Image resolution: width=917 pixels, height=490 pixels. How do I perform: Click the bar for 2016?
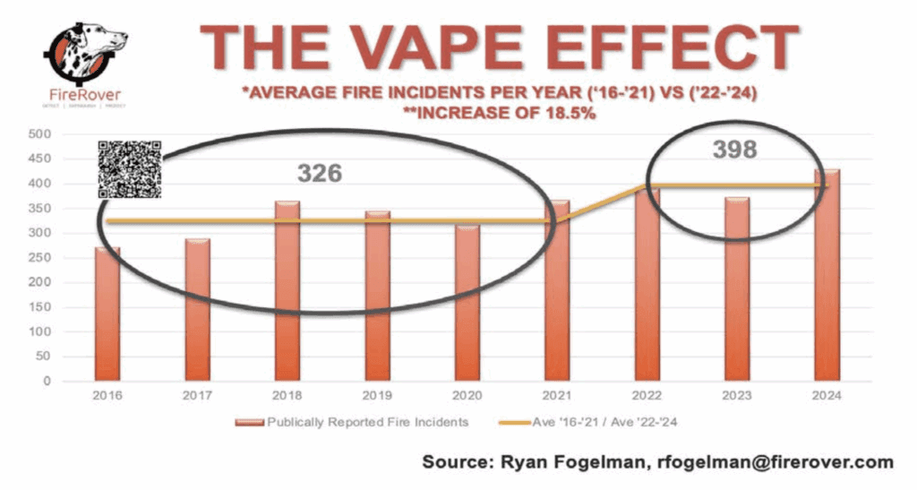click(107, 314)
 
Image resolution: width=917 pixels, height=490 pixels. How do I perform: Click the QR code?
click(130, 169)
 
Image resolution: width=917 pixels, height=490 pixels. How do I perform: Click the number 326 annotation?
click(320, 173)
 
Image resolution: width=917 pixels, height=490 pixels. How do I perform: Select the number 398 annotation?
click(734, 150)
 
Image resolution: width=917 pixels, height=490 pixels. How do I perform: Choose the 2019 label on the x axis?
click(377, 395)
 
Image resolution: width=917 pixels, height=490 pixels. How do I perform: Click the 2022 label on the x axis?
click(647, 395)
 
